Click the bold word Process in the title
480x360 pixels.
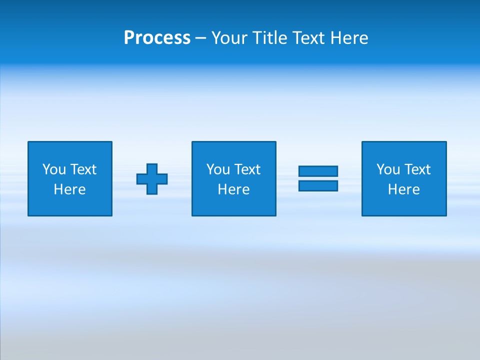tap(157, 38)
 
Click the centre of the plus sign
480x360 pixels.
tap(152, 179)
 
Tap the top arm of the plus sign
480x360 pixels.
tap(152, 168)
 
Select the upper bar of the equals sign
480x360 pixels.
tap(318, 171)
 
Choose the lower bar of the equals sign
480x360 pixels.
tap(318, 185)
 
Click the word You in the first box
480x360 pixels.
tap(54, 169)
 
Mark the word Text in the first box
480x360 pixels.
tap(83, 169)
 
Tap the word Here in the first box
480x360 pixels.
tap(69, 189)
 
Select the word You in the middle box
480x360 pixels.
tap(218, 169)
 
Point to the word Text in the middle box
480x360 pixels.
tap(247, 169)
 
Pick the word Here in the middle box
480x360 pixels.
tap(233, 189)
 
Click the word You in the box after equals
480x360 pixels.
tap(388, 169)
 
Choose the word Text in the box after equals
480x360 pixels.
tap(417, 169)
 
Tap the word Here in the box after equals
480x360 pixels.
tap(403, 189)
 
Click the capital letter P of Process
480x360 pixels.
tap(129, 38)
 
